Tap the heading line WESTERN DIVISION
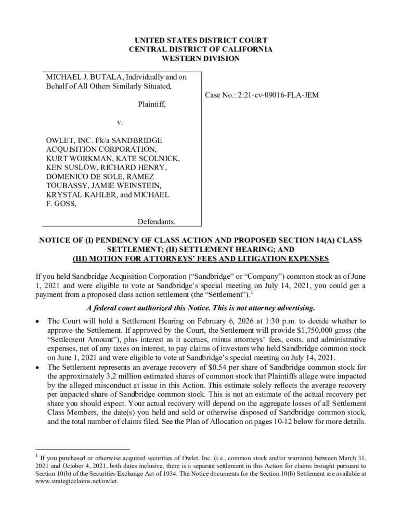coord(201,59)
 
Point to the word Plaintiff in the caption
coord(152,105)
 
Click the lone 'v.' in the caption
coord(120,123)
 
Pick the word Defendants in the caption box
coord(156,223)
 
